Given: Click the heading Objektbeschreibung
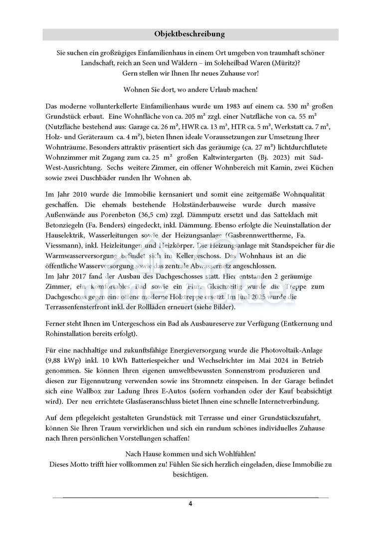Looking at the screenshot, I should click(x=190, y=34).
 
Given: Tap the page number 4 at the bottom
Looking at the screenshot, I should click(x=190, y=503).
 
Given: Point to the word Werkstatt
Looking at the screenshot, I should click(x=304, y=127).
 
